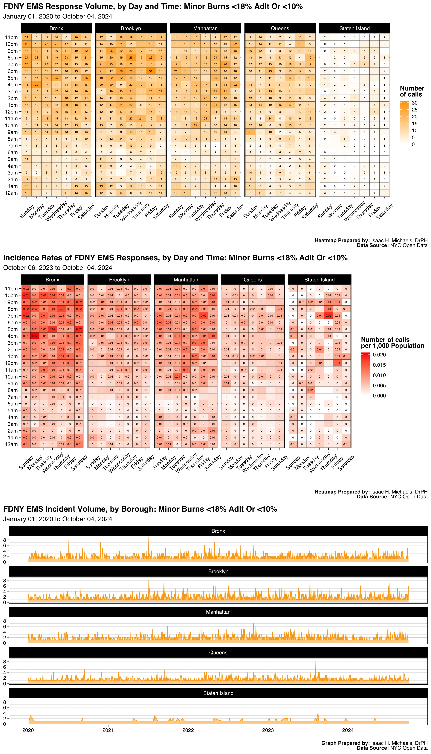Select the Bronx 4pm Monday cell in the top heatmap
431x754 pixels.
coord(36,85)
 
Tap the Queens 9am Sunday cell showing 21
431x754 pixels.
coord(250,132)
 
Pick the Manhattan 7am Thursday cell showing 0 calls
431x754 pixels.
coord(215,146)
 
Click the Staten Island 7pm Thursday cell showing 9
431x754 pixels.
coord(364,64)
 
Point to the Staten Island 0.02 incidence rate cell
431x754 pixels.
coord(328,316)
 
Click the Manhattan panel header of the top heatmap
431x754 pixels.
coord(205,28)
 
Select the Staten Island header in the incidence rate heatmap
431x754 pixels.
coord(319,280)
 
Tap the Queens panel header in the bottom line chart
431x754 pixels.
coord(218,652)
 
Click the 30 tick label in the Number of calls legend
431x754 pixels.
coord(414,103)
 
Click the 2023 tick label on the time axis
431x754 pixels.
coord(268,730)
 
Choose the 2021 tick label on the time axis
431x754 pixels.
coord(108,730)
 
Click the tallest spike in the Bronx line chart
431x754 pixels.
coord(149,537)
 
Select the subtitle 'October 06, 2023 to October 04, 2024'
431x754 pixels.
coord(58,268)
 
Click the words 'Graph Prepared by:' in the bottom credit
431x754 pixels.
coord(345,743)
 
